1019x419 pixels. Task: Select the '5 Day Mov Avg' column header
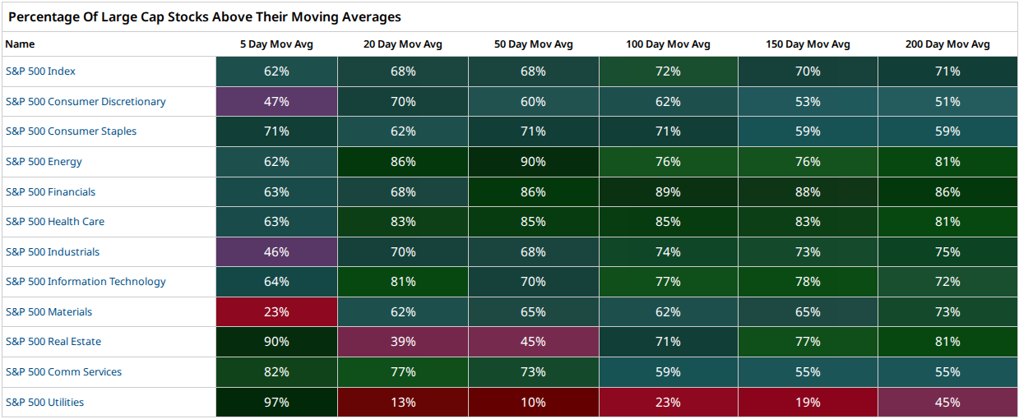point(276,44)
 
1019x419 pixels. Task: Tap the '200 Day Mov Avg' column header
point(947,44)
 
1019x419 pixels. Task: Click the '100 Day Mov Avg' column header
point(668,44)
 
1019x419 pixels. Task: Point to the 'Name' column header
point(20,44)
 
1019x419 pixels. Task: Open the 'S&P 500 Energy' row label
point(44,162)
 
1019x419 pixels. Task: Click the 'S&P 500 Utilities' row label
point(44,403)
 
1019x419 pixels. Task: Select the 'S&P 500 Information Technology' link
point(86,282)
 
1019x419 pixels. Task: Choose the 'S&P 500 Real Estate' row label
point(53,342)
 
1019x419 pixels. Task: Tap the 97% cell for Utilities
point(276,403)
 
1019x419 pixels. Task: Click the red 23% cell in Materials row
point(276,311)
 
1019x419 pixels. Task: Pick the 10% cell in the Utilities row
point(533,403)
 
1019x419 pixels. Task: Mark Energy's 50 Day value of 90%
point(533,162)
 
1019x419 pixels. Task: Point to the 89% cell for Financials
point(668,191)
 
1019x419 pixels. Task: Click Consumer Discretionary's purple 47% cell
point(276,101)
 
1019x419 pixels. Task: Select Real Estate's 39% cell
point(403,342)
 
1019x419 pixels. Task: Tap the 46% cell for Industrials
point(276,251)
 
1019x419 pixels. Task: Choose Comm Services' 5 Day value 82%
point(276,371)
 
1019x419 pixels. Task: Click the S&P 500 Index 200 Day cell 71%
point(947,71)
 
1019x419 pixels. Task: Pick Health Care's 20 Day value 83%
point(403,222)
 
